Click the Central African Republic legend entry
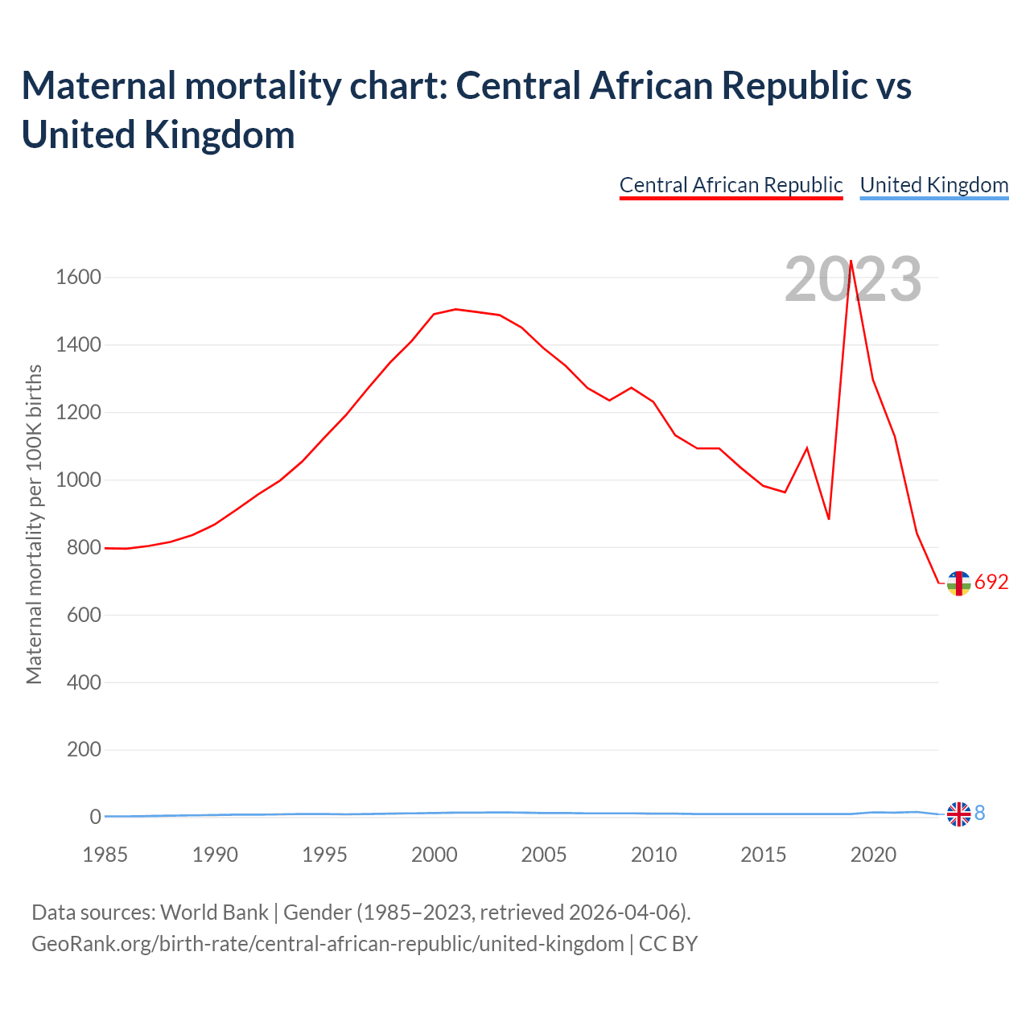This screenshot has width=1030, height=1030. coord(731,185)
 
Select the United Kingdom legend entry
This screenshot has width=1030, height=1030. coord(933,185)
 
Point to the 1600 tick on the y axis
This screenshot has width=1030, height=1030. coord(79,278)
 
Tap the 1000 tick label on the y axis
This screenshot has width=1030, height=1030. coord(79,480)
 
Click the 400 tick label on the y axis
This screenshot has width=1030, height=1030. coord(84,682)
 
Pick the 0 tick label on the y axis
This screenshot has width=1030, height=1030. coord(96,818)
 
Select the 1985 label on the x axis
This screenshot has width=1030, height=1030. coord(105,855)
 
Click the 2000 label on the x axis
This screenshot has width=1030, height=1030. coord(435,855)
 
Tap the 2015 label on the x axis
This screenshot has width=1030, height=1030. coord(763,855)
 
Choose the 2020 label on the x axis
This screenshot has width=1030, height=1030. coord(873,855)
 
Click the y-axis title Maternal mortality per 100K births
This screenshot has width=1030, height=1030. coord(34,525)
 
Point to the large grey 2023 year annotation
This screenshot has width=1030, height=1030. coord(853,280)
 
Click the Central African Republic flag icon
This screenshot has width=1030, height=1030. coord(958,583)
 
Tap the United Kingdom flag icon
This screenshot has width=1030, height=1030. coord(958,814)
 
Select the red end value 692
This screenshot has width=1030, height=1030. coord(991,583)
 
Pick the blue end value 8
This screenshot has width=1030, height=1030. coord(980,814)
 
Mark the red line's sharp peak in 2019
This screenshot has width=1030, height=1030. coord(851,261)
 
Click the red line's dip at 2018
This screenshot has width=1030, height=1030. coord(829,519)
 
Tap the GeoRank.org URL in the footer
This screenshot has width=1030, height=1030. coord(328,943)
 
